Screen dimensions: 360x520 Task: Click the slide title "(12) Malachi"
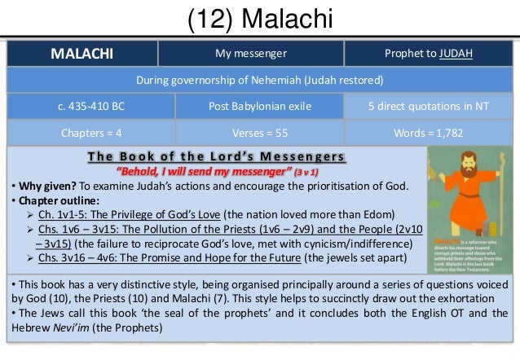pos(259,18)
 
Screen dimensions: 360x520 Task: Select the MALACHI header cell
pos(82,55)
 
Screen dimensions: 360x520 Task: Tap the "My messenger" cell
pos(250,55)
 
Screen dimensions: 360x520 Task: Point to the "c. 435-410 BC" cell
pos(90,108)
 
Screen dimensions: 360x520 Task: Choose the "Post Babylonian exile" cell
pos(260,108)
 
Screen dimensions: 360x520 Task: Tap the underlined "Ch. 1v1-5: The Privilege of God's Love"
pos(137,214)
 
